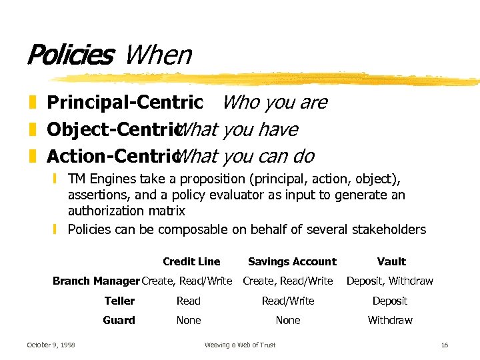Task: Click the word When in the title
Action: click(158, 55)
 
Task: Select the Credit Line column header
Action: click(191, 261)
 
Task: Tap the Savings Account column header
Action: click(292, 261)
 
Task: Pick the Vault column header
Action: click(391, 261)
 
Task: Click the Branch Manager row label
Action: click(96, 281)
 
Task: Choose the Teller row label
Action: click(119, 301)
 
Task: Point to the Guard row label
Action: click(119, 320)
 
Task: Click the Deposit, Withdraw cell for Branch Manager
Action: click(389, 281)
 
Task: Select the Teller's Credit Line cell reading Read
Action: click(189, 301)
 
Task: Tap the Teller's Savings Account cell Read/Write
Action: click(288, 301)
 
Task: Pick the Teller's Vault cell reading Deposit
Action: click(390, 301)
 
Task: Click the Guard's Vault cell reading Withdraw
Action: click(390, 320)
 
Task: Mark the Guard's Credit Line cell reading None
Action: click(189, 320)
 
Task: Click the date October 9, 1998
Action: click(51, 345)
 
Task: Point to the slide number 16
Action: click(445, 345)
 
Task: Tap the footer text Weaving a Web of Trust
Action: click(239, 345)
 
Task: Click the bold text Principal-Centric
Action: click(125, 102)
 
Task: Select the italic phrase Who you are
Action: click(274, 102)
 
